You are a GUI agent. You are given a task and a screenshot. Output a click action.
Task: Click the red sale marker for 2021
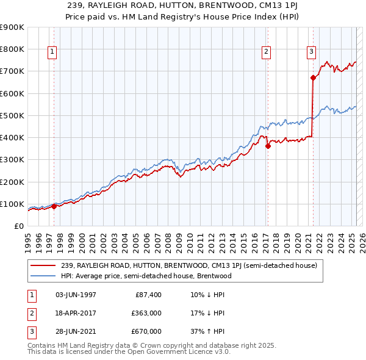313,77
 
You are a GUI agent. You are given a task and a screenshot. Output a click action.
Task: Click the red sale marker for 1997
54,206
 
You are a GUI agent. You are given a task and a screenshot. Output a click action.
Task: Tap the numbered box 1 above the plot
52,52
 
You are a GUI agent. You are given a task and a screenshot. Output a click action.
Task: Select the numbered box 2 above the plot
267,52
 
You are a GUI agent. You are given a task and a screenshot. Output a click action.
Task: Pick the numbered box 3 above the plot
311,52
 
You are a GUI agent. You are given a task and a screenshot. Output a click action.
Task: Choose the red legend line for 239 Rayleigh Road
44,265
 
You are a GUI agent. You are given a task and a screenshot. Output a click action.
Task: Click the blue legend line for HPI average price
44,276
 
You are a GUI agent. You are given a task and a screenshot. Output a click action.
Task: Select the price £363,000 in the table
146,313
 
